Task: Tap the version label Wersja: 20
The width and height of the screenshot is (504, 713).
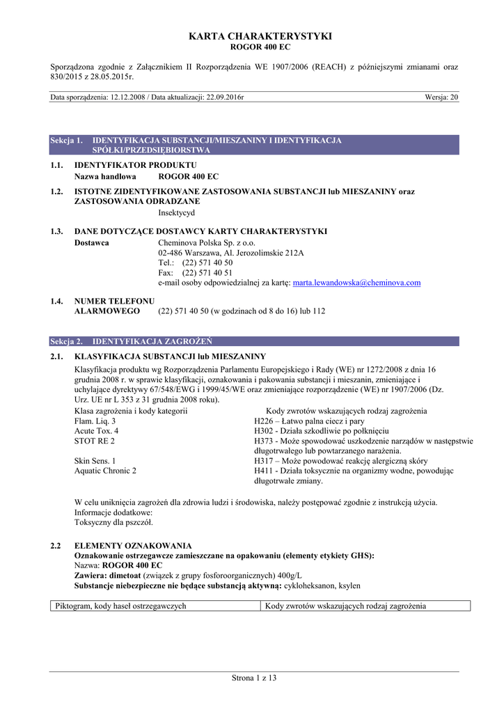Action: (441, 97)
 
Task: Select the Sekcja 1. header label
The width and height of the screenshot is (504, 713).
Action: (67, 141)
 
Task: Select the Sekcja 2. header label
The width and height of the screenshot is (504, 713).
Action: (67, 342)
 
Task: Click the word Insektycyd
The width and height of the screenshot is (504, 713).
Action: (177, 212)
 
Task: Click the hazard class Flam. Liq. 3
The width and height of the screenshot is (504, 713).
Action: (95, 421)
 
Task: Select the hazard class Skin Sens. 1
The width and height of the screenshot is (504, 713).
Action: (95, 461)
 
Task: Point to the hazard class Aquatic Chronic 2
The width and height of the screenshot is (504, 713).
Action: (105, 471)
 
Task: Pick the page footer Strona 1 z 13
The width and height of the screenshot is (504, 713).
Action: (254, 678)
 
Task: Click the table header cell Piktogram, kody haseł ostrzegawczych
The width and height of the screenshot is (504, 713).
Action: (121, 606)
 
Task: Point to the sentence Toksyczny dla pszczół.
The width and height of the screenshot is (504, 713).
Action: (113, 522)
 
